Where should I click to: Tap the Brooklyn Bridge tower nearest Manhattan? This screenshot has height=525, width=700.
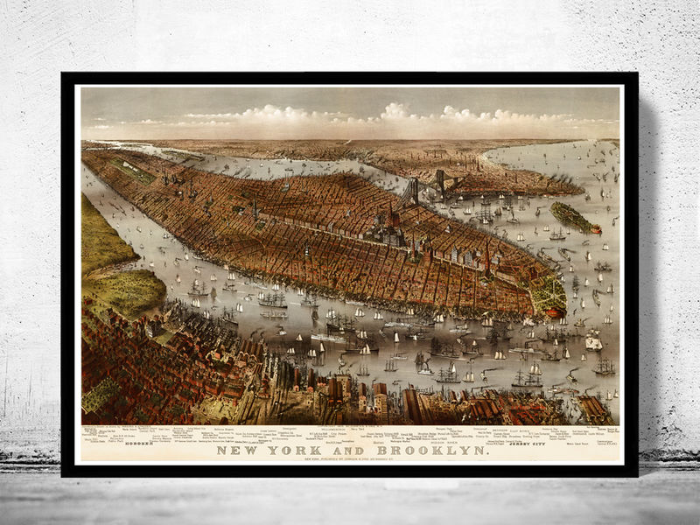(411, 189)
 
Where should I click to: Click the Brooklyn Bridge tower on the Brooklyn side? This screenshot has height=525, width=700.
(439, 181)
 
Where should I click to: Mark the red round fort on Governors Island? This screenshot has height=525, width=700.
(595, 229)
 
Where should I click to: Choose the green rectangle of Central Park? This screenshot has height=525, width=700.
(131, 170)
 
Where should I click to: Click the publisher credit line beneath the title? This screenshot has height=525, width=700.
(351, 461)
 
